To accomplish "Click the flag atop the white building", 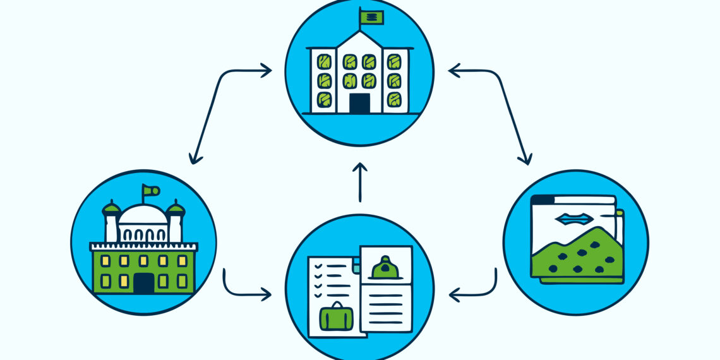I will click(371, 17).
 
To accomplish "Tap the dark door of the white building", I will click(359, 104).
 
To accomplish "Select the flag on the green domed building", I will click(150, 189).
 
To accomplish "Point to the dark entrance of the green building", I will click(143, 283).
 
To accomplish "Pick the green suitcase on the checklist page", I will click(337, 316).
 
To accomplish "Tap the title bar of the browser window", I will click(572, 200).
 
